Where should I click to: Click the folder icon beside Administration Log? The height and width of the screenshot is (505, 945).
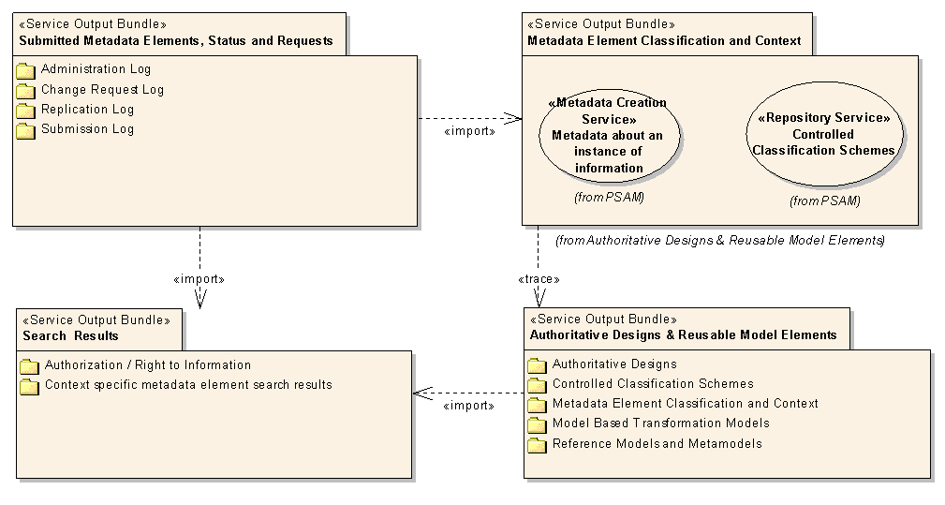[25, 70]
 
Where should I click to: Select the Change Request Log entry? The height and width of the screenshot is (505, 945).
[102, 90]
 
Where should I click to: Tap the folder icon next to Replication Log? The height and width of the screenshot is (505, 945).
[25, 111]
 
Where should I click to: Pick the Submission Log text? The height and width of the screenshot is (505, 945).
[87, 129]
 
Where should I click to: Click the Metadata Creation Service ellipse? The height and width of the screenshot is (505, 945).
[610, 135]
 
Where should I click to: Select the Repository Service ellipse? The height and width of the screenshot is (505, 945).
[824, 134]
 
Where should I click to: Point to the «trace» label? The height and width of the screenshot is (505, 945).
[539, 279]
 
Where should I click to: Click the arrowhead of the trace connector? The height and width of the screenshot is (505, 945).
[539, 298]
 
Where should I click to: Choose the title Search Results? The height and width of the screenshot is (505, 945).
[70, 336]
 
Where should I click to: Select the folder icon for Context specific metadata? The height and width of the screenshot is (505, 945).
[29, 386]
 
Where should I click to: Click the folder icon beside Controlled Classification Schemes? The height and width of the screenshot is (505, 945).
[537, 385]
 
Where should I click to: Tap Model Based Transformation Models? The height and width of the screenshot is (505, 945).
[661, 423]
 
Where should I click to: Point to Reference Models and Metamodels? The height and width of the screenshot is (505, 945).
[657, 443]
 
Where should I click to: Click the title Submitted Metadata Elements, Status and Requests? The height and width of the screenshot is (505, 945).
[176, 41]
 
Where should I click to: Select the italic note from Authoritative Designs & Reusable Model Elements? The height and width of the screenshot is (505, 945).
[720, 241]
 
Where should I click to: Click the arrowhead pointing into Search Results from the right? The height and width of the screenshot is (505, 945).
[422, 394]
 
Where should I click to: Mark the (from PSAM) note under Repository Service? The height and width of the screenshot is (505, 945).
[824, 201]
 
